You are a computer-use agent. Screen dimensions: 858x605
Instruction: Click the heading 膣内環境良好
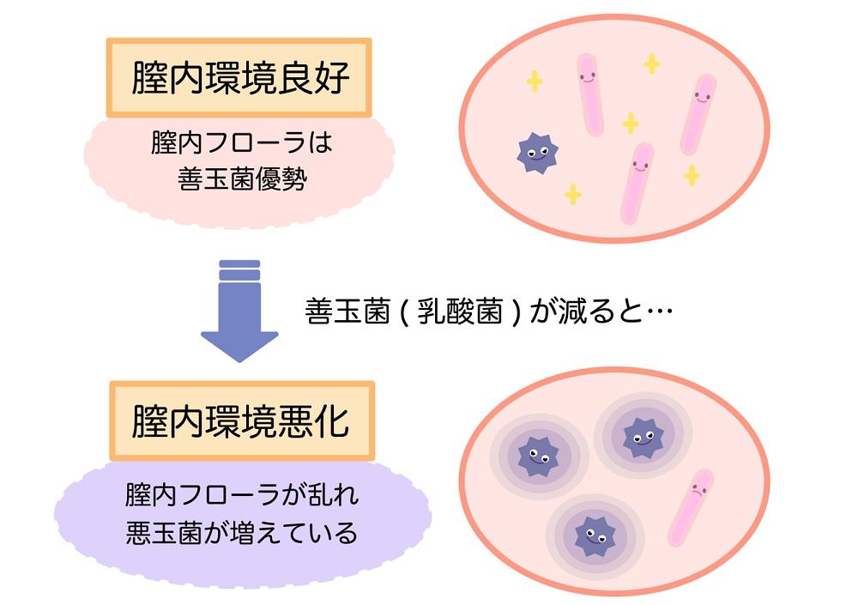tap(240, 78)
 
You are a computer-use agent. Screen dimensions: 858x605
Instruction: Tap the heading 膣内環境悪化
tap(240, 421)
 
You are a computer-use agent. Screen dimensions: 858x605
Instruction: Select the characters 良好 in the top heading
tap(313, 78)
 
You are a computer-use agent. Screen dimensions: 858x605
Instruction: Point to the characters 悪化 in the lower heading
tap(313, 421)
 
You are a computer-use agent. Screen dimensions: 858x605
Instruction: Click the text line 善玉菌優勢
tap(242, 179)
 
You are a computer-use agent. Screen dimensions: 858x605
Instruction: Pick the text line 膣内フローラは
tap(241, 143)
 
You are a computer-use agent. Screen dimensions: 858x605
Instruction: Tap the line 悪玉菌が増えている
tap(241, 532)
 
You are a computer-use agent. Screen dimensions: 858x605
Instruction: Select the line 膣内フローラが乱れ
tap(241, 494)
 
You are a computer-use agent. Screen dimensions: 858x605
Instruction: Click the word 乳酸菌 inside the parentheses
tap(460, 312)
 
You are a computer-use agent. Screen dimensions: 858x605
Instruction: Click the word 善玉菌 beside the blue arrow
tap(347, 312)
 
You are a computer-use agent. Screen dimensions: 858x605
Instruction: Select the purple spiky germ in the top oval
tap(537, 153)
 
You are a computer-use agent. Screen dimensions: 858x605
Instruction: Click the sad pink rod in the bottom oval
tap(691, 507)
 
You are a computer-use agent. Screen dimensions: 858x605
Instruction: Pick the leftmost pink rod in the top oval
tap(590, 94)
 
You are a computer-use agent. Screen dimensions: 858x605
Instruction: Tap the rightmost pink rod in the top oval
tap(698, 114)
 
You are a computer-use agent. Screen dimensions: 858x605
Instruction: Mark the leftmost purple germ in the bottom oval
tap(539, 456)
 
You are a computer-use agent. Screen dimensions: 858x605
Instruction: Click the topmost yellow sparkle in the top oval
tap(651, 64)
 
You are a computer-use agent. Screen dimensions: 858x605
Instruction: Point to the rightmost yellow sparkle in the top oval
tap(691, 176)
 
